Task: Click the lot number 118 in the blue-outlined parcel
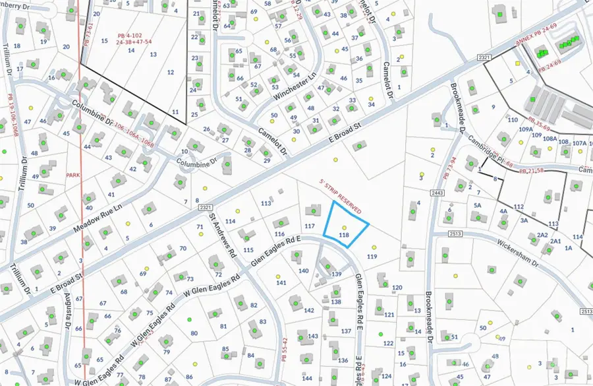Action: coord(343,235)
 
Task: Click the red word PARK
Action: coord(72,175)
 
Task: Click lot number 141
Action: coord(281,282)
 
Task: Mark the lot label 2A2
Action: coord(542,235)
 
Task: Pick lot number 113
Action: coord(266,203)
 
